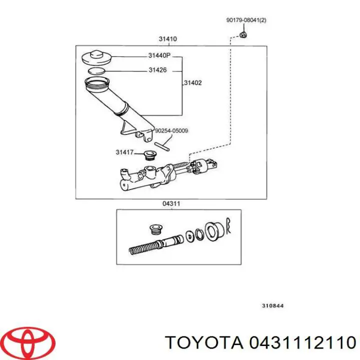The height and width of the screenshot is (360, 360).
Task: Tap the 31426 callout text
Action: point(158,70)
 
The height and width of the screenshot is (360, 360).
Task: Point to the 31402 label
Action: point(193,83)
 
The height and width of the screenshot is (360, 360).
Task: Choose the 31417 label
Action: point(125,152)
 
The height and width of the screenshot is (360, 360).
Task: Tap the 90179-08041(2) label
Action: point(246,20)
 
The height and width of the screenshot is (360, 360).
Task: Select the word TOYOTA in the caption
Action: point(202,342)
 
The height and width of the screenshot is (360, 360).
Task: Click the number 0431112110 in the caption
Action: point(299,342)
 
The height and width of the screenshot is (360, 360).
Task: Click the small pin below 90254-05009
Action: point(162,146)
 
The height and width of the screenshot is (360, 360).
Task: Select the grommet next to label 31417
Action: point(148,154)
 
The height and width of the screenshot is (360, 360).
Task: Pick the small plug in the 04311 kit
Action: point(155,230)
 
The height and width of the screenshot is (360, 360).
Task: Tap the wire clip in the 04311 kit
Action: point(229,226)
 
